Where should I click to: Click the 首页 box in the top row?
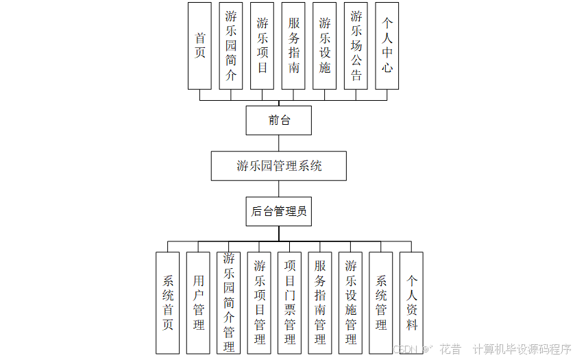point(199,46)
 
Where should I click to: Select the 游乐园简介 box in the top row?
point(231,46)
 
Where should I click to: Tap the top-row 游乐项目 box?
point(262,46)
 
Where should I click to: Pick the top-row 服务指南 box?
point(293,46)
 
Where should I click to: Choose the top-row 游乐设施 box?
point(325,46)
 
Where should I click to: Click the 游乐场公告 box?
point(356,46)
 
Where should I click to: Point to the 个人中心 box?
point(387,46)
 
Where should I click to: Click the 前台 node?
point(279,121)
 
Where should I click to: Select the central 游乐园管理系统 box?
point(279,166)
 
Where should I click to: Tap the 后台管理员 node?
point(279,211)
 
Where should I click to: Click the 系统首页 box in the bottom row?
point(168,302)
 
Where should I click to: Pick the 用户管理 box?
point(198,302)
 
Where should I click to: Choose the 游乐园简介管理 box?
point(229,302)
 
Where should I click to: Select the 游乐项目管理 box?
point(259,302)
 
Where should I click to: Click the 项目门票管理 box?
point(289,302)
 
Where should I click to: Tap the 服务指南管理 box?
point(320,302)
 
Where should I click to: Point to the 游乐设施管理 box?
point(350,302)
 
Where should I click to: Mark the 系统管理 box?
point(381,302)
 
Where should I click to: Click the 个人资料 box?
point(411,302)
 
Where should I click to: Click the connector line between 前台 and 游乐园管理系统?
point(279,143)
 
